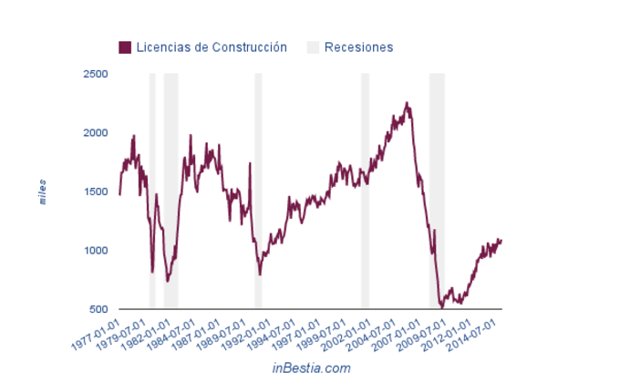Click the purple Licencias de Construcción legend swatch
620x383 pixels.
(x=125, y=47)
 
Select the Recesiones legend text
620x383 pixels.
(x=358, y=47)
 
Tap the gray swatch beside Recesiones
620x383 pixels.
(x=313, y=47)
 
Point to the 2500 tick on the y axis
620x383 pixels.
(x=95, y=74)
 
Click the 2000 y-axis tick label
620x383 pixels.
(x=95, y=133)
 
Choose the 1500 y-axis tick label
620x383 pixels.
(x=95, y=191)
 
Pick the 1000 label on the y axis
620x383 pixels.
(x=95, y=251)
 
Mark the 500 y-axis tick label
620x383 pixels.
(x=98, y=310)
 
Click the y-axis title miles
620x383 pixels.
(x=42, y=191)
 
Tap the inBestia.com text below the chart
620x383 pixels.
(x=311, y=367)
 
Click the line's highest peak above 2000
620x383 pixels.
(x=407, y=103)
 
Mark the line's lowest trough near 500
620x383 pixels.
(x=442, y=307)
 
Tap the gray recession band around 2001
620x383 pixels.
(x=365, y=191)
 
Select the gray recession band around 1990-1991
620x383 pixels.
(x=258, y=191)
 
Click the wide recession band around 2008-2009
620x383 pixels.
(x=437, y=191)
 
